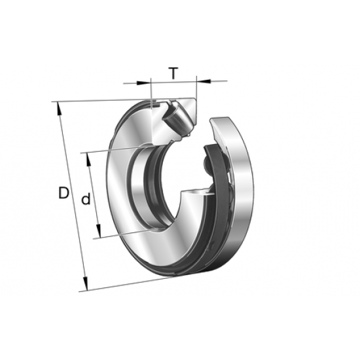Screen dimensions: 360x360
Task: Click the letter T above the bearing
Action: coord(172,73)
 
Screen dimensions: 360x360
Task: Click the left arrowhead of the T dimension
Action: coord(147,83)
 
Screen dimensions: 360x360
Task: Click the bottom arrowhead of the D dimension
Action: coord(85,287)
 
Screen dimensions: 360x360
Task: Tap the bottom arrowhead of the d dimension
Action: coord(98,234)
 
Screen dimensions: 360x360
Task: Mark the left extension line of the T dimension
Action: coord(151,92)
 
